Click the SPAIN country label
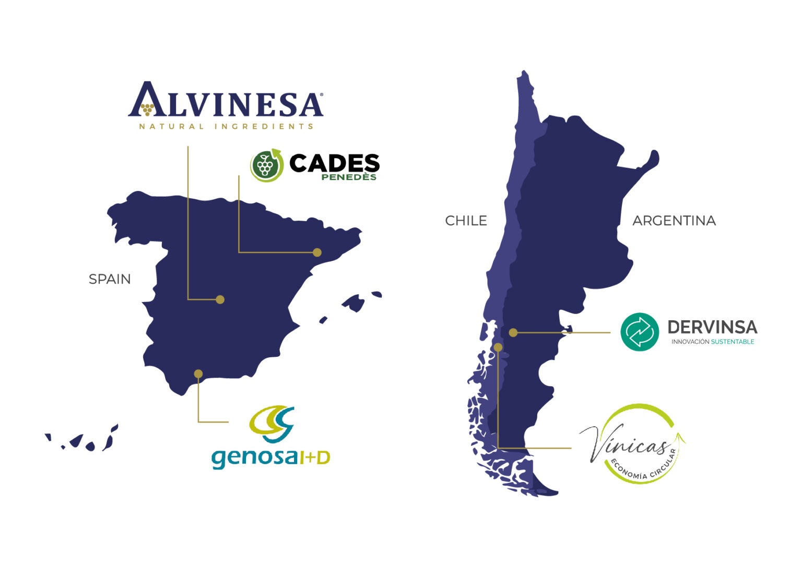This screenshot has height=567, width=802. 110,279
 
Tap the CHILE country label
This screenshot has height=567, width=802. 466,221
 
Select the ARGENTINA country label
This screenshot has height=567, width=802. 674,221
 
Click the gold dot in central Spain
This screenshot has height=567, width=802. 220,299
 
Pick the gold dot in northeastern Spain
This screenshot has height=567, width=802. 317,252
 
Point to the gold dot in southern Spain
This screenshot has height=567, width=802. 198,373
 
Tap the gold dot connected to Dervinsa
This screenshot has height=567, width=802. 513,332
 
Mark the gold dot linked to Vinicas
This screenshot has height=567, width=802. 498,347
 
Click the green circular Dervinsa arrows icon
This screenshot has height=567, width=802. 640,332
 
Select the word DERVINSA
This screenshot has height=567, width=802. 712,327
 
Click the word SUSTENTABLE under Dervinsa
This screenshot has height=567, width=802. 733,342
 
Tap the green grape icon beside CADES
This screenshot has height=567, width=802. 266,165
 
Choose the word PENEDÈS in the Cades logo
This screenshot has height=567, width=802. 349,177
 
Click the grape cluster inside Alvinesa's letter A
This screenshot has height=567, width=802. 147,109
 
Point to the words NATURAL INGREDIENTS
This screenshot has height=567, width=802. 226,126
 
